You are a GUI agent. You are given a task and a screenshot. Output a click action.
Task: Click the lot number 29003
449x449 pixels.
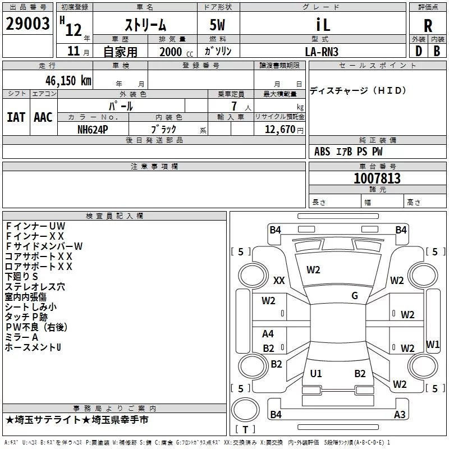tap(28, 24)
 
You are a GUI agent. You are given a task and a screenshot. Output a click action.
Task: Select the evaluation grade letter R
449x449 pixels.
tap(428, 26)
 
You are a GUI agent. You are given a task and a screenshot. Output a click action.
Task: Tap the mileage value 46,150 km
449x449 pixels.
tap(68, 81)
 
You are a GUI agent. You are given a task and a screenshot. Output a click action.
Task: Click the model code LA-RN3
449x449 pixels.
tap(322, 52)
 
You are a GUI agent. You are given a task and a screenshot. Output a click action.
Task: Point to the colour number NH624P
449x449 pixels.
tap(93, 130)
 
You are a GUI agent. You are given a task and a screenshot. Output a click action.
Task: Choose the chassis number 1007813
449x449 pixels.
tap(377, 178)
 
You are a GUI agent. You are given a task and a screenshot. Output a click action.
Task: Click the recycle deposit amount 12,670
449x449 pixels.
tap(280, 129)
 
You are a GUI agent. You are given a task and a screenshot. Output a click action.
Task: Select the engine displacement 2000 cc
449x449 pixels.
tap(176, 52)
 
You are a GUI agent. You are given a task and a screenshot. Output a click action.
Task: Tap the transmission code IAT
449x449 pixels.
tap(16, 117)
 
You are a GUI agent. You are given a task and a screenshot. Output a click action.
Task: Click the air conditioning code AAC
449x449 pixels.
tap(43, 117)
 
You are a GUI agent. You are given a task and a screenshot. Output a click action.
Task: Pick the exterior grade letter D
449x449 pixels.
tap(419, 51)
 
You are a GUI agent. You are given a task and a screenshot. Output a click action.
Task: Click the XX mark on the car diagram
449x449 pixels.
tap(279, 280)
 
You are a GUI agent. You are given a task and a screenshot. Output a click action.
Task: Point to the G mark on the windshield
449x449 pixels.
tap(355, 296)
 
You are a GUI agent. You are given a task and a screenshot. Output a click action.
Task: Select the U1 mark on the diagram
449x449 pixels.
tap(316, 373)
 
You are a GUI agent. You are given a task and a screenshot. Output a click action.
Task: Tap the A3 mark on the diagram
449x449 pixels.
tap(400, 414)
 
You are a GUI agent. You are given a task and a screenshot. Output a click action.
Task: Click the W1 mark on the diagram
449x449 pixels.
tap(433, 344)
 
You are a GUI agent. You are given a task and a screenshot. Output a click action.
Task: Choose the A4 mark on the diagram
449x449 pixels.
tap(268, 333)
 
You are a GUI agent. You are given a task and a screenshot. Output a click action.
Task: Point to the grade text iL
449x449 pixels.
tap(323, 25)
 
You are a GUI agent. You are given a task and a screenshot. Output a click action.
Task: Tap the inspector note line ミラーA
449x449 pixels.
tap(21, 337)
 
